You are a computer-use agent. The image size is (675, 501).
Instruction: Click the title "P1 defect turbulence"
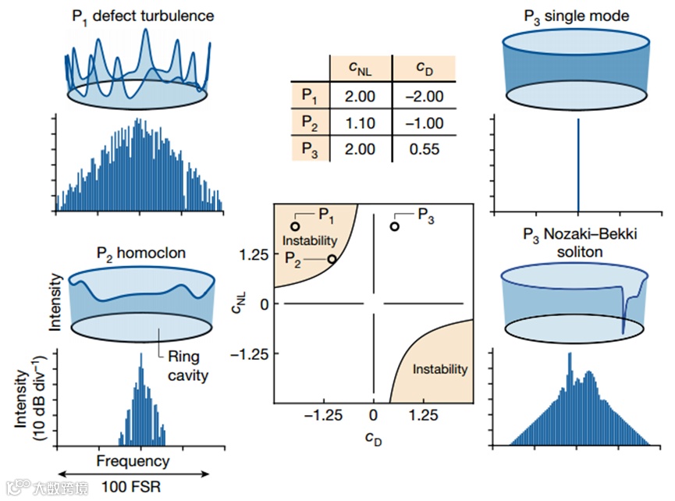[138, 16]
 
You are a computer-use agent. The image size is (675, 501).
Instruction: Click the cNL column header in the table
[360, 68]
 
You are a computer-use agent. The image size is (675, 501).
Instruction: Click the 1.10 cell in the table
[360, 123]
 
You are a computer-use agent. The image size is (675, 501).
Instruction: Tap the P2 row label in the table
[310, 123]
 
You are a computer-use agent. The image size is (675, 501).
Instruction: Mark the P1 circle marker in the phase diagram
[295, 226]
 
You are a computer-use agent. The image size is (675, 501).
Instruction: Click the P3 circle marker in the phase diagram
[395, 226]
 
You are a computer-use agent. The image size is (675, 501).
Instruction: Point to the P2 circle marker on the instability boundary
[332, 259]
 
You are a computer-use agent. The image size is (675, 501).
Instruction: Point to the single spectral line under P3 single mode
[578, 164]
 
